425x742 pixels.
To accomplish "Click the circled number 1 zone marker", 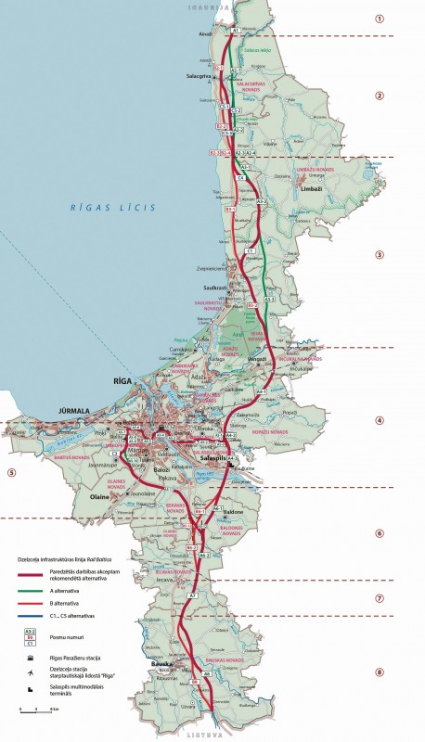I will pyautogui.click(x=379, y=19).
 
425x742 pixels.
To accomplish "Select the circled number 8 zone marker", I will pyautogui.click(x=379, y=672).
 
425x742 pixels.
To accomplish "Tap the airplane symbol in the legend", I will pyautogui.click(x=30, y=671).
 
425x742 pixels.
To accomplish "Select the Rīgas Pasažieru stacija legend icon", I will pyautogui.click(x=30, y=655).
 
